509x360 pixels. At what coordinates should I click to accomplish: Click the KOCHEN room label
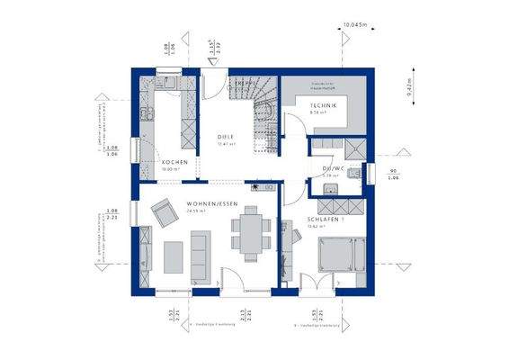tap(174, 162)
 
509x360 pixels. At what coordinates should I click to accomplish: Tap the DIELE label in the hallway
tap(226, 137)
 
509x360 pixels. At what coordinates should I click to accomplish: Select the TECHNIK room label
tap(325, 107)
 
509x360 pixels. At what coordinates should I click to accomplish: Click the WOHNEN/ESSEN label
tap(212, 205)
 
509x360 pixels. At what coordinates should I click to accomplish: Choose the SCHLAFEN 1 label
tap(323, 220)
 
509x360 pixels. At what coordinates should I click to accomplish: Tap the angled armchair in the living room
tap(165, 212)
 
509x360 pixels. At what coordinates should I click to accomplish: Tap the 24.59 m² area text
tap(196, 212)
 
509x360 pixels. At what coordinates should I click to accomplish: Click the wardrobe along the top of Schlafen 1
tap(289, 247)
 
